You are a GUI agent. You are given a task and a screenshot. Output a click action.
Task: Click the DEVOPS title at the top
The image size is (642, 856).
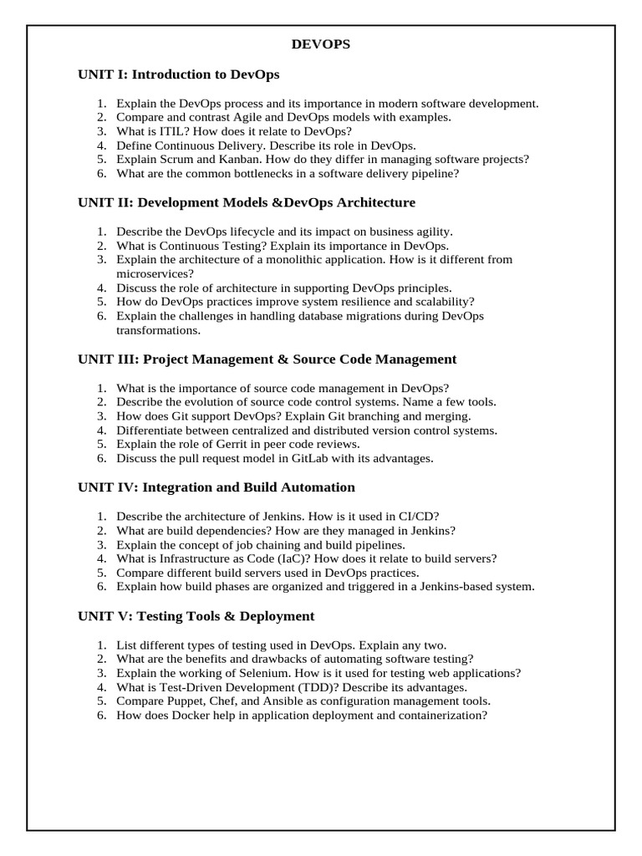coord(321,45)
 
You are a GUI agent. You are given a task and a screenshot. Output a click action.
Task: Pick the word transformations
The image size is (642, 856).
coord(157,330)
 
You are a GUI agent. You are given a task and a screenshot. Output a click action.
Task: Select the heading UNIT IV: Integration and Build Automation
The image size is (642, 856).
coord(217,487)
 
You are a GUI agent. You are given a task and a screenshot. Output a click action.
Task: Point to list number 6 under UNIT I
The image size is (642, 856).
coord(101,173)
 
